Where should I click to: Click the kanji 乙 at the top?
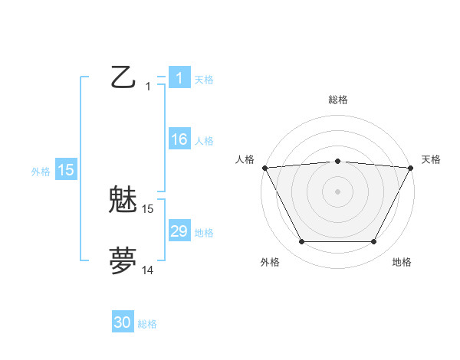click(x=123, y=77)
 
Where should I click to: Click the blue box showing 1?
click(x=179, y=77)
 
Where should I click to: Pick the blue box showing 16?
click(x=179, y=140)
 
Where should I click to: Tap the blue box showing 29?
click(x=179, y=232)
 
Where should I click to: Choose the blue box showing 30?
click(x=123, y=323)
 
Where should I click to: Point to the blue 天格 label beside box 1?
click(x=204, y=80)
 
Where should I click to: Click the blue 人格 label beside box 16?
click(x=204, y=141)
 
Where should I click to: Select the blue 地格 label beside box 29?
click(x=204, y=233)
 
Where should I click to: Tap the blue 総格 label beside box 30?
click(x=147, y=324)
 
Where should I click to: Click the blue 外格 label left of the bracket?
click(x=41, y=172)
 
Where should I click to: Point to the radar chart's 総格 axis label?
click(x=337, y=100)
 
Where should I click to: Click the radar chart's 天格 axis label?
click(x=432, y=159)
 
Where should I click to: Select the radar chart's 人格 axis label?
click(x=245, y=159)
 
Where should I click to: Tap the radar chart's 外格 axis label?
click(x=270, y=262)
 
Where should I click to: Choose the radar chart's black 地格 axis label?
click(x=402, y=262)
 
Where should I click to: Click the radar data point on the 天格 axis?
click(x=411, y=168)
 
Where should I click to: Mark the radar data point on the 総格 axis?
click(x=337, y=161)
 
